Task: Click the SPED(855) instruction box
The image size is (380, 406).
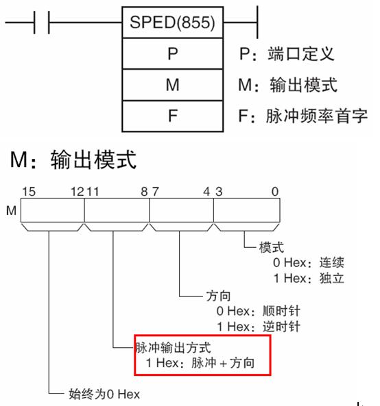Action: (x=172, y=23)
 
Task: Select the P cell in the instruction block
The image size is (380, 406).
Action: (x=172, y=53)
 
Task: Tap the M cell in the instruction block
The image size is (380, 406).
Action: (x=172, y=85)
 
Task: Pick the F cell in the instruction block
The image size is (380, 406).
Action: (x=172, y=116)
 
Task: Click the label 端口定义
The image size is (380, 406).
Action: (x=301, y=54)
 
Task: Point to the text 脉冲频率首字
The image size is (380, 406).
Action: (x=317, y=116)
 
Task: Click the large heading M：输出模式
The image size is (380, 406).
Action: (x=73, y=160)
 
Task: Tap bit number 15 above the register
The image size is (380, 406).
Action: (x=29, y=192)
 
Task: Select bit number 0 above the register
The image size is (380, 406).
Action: (x=275, y=192)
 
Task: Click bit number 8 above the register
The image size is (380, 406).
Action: (x=144, y=192)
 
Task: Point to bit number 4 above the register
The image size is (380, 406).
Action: (x=206, y=192)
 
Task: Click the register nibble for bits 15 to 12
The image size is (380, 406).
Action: (x=53, y=210)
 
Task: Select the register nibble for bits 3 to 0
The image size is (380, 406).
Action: (x=247, y=210)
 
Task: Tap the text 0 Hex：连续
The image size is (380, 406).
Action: (x=309, y=262)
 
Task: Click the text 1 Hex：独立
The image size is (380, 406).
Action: (x=309, y=279)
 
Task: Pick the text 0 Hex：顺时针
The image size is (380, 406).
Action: (x=259, y=311)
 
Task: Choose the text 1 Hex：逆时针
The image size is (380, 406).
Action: (x=259, y=327)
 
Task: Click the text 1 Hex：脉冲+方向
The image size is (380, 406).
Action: (x=200, y=363)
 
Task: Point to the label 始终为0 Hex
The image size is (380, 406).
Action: (x=104, y=394)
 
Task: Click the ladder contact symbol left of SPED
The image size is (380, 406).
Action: (x=42, y=23)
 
